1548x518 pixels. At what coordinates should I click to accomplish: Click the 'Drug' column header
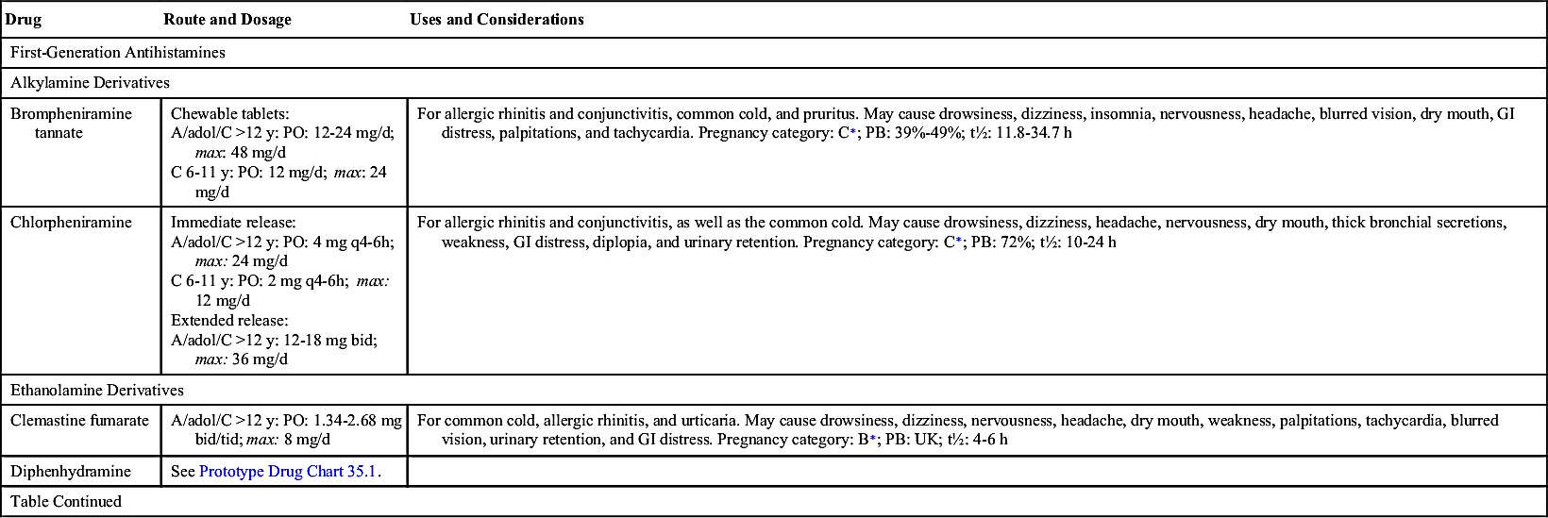click(x=24, y=20)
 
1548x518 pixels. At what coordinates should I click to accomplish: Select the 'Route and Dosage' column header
click(x=227, y=20)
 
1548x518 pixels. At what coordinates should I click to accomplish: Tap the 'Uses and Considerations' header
click(x=496, y=20)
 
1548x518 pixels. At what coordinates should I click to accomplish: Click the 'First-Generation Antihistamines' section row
click(x=118, y=53)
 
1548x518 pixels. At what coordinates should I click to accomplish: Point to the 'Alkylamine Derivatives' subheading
click(x=90, y=83)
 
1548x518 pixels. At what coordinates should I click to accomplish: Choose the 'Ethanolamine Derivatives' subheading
click(x=97, y=390)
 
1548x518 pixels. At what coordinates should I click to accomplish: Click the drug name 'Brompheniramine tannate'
click(x=71, y=123)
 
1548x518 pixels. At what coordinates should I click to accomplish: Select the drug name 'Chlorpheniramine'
click(x=71, y=223)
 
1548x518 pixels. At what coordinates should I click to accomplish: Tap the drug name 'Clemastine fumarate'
click(x=79, y=421)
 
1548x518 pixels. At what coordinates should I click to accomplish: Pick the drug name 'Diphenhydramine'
click(x=71, y=471)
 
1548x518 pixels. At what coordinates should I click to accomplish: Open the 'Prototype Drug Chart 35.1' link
click(x=288, y=471)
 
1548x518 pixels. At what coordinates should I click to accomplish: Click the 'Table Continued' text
click(x=66, y=501)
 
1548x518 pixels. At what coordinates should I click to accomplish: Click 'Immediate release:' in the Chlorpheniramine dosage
click(x=233, y=223)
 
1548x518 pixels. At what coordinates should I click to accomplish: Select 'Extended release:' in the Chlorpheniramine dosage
click(x=229, y=321)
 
